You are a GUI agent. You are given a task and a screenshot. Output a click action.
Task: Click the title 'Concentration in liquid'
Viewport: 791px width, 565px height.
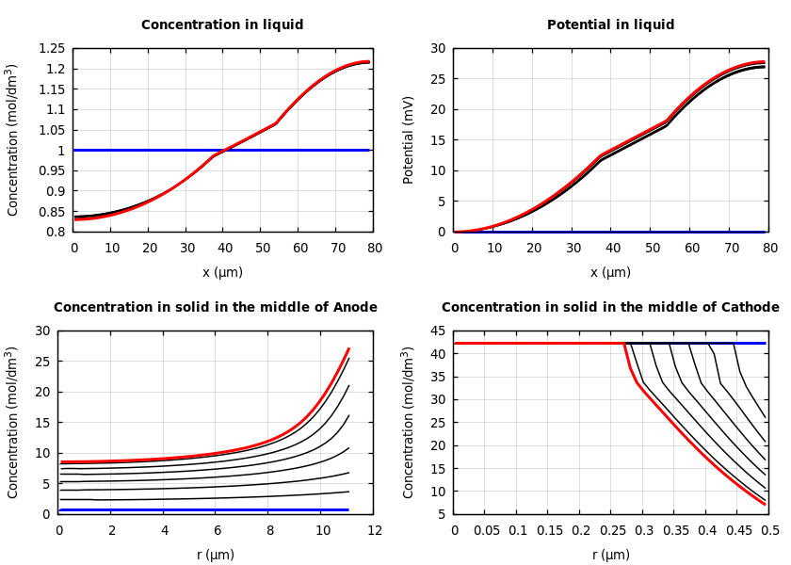222,25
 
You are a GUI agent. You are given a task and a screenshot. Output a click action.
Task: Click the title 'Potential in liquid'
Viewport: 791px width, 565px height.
610,25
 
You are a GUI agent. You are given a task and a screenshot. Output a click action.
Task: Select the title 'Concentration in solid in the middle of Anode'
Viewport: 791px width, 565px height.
216,308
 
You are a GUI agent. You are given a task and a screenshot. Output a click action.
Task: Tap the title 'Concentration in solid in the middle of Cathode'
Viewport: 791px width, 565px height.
610,308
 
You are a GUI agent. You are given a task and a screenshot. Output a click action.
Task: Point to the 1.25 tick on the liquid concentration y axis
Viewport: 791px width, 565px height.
53,49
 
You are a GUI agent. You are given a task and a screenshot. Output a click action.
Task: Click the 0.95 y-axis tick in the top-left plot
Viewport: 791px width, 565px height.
53,170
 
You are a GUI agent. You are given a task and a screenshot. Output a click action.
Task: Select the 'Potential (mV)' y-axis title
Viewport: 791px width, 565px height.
409,139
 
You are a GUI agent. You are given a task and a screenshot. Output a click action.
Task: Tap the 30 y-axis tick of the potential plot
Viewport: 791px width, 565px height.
438,49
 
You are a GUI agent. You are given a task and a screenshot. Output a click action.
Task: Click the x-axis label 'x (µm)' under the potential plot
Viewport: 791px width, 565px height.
610,273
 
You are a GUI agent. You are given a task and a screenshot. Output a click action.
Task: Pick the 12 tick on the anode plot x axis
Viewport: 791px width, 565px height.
374,531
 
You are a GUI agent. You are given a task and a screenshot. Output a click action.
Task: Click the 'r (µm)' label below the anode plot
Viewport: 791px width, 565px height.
216,556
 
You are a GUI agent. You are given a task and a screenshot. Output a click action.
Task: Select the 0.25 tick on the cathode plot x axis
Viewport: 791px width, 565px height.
611,531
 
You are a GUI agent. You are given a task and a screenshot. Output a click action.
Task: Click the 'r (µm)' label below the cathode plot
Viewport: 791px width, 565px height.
610,556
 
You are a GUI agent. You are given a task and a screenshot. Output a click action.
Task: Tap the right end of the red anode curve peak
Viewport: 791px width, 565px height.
348,349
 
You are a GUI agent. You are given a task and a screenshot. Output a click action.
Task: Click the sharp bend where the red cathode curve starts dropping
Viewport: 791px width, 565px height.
625,345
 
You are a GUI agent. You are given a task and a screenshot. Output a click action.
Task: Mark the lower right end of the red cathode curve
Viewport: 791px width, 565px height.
765,504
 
